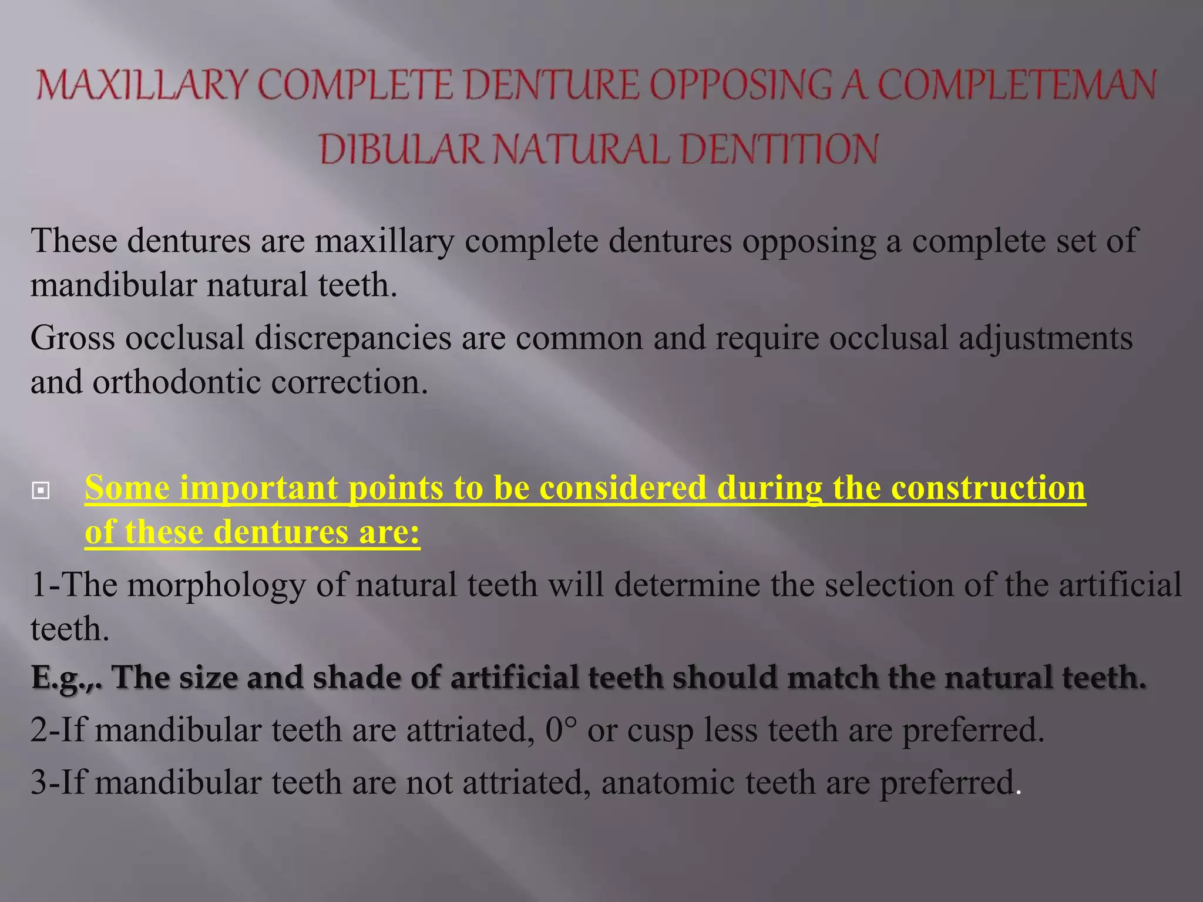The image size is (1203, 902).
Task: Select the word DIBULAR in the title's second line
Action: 400,149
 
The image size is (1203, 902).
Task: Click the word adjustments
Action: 1046,338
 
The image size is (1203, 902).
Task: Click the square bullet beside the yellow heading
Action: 41,490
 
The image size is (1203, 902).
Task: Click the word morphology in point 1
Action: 217,585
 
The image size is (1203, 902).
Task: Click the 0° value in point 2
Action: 561,731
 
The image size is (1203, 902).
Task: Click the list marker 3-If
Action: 57,783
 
